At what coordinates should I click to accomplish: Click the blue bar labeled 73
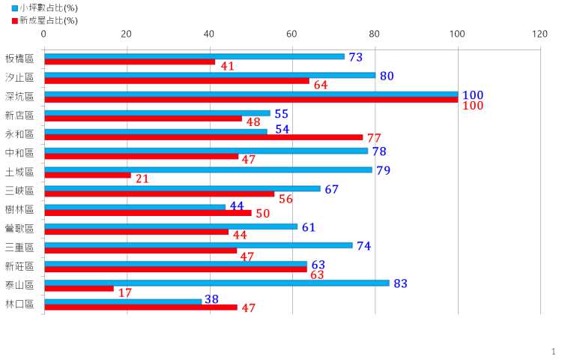[194, 56]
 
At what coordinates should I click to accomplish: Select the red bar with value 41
[130, 63]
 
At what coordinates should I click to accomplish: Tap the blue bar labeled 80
[210, 75]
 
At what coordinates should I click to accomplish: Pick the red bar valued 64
[177, 82]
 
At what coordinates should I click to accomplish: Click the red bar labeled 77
[204, 138]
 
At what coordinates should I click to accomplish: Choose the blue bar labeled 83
[217, 283]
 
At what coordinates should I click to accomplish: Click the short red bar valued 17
[79, 289]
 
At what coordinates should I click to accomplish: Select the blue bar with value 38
[123, 301]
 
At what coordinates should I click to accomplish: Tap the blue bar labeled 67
[182, 188]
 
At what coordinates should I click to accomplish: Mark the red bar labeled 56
[160, 195]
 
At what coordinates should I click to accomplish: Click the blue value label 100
[473, 96]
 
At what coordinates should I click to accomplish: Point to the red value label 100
[473, 106]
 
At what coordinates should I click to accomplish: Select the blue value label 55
[282, 114]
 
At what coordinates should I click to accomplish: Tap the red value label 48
[253, 121]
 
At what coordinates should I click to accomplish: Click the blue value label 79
[384, 171]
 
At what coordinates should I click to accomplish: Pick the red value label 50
[262, 214]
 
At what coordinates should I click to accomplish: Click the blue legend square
[15, 8]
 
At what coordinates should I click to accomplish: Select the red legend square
[15, 22]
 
